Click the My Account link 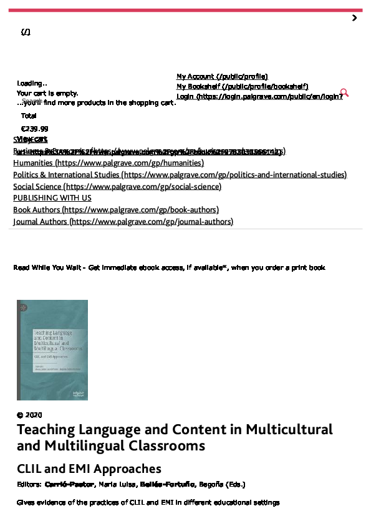coord(222,77)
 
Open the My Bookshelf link coord(242,87)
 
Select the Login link coord(259,97)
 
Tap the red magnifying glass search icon coord(344,93)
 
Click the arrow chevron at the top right coord(354,18)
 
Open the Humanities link coord(108,163)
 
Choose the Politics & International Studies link coord(180,175)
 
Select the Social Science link coord(117,186)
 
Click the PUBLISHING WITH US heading coord(52,198)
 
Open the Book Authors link coord(116,210)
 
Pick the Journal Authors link coord(123,222)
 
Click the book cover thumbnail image coord(52,350)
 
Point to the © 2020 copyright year coord(29,415)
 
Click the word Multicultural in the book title coord(289,430)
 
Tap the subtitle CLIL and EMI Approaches coord(89,469)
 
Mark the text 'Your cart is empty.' coord(47,93)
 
